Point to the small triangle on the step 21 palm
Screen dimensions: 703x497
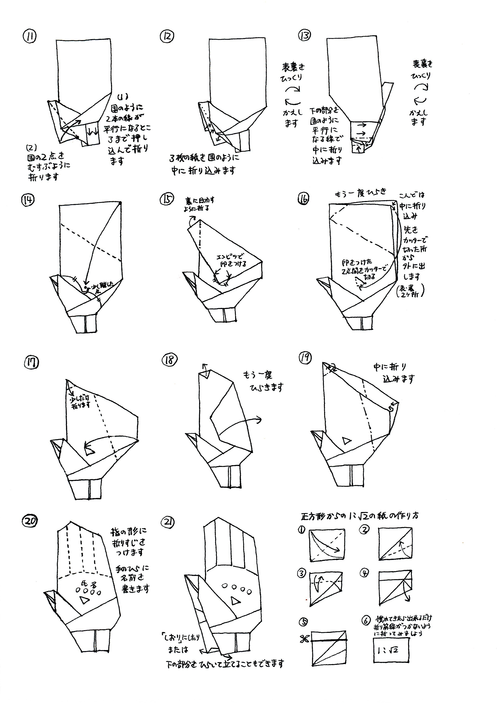click(x=235, y=602)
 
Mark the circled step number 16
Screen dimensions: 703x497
click(x=303, y=199)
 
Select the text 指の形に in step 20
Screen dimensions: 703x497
click(x=129, y=532)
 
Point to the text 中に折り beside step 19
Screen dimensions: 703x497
click(x=390, y=367)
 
